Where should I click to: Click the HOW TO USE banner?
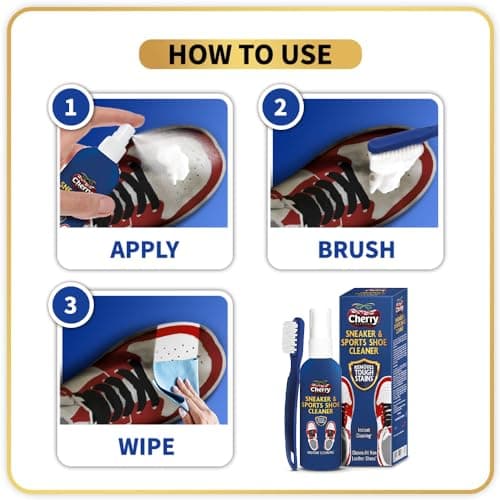249,54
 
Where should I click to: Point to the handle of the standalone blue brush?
294,420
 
